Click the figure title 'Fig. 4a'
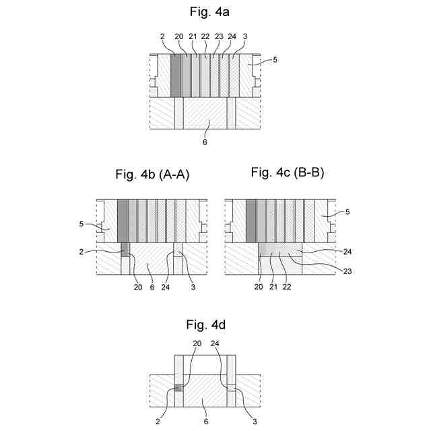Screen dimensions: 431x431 coord(205,11)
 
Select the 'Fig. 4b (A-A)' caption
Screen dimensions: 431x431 coord(152,175)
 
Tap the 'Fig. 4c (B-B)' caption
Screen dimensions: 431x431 coord(288,172)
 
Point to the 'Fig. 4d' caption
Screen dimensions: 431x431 coord(205,325)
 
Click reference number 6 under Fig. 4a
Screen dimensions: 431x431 coord(205,142)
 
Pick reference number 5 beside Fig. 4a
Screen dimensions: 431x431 coord(275,60)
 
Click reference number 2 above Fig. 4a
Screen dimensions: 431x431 coord(162,37)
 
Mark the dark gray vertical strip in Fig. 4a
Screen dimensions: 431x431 coord(176,77)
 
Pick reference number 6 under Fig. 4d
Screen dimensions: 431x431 coord(206,422)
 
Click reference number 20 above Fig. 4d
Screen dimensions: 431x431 coord(197,343)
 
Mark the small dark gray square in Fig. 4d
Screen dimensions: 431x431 coord(178,388)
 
